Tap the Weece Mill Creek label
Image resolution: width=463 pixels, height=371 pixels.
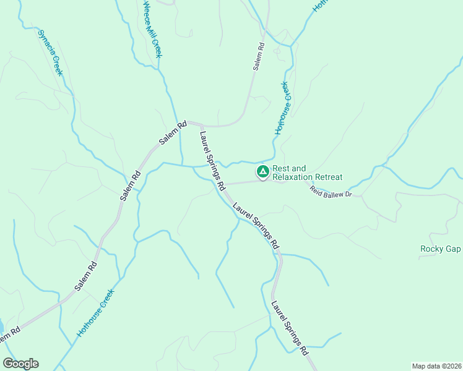tap(152, 30)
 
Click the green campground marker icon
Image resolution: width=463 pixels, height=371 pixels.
tap(262, 171)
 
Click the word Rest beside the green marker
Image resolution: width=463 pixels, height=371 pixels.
tap(281, 168)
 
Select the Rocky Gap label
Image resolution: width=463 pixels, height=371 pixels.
tap(441, 249)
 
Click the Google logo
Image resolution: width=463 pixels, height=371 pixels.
tap(20, 364)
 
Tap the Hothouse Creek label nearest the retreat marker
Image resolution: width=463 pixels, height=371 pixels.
tap(283, 108)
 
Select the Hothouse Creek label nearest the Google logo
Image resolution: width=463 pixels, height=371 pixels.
tap(96, 313)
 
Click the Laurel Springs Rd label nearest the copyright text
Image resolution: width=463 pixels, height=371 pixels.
tap(290, 327)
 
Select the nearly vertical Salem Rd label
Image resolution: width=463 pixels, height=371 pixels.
tap(259, 56)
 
